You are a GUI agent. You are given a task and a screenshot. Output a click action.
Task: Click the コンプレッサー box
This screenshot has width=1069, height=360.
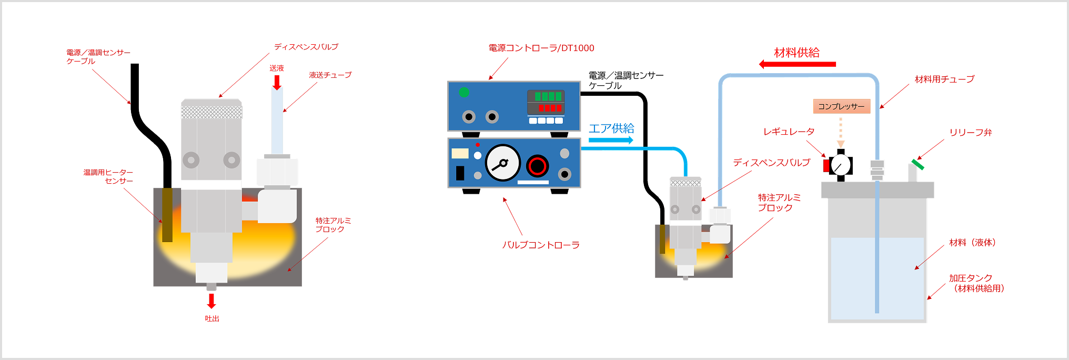(841, 106)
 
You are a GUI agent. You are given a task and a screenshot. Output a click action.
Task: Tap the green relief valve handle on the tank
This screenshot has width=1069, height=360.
(918, 165)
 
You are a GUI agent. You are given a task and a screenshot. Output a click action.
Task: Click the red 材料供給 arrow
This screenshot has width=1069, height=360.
(797, 64)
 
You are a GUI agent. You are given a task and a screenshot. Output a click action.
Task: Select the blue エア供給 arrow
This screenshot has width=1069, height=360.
(611, 140)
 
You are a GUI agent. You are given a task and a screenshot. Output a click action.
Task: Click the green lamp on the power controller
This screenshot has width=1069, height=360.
(464, 93)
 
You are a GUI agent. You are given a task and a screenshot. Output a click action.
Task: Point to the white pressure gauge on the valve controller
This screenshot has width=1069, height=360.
(502, 163)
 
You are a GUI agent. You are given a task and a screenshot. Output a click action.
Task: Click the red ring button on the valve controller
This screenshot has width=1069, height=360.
(537, 166)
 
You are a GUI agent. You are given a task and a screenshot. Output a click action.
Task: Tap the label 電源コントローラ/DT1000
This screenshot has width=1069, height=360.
(541, 48)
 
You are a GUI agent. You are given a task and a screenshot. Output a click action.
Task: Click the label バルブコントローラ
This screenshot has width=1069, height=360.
(541, 245)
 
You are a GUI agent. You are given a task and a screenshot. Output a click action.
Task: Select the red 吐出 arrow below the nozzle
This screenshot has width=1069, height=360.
(211, 301)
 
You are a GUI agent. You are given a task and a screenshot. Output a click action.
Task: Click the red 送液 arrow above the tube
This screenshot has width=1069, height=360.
(277, 82)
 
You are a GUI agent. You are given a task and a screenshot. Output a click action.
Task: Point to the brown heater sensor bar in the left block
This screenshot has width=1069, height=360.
(167, 215)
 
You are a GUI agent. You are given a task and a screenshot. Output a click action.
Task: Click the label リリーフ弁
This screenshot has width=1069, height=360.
(971, 133)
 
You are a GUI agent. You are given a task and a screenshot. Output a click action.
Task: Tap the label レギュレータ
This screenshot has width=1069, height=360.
(789, 132)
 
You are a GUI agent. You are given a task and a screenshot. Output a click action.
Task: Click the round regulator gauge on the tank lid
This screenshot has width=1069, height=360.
(841, 165)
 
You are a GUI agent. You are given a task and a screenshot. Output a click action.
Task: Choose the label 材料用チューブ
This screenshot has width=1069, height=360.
(944, 79)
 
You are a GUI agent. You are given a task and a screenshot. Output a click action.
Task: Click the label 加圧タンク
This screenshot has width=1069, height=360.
(971, 278)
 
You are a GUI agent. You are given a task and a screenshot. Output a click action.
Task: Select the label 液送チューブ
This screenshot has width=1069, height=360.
(330, 75)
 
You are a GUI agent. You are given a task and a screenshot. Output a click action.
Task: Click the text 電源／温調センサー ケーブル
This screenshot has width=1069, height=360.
(98, 57)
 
